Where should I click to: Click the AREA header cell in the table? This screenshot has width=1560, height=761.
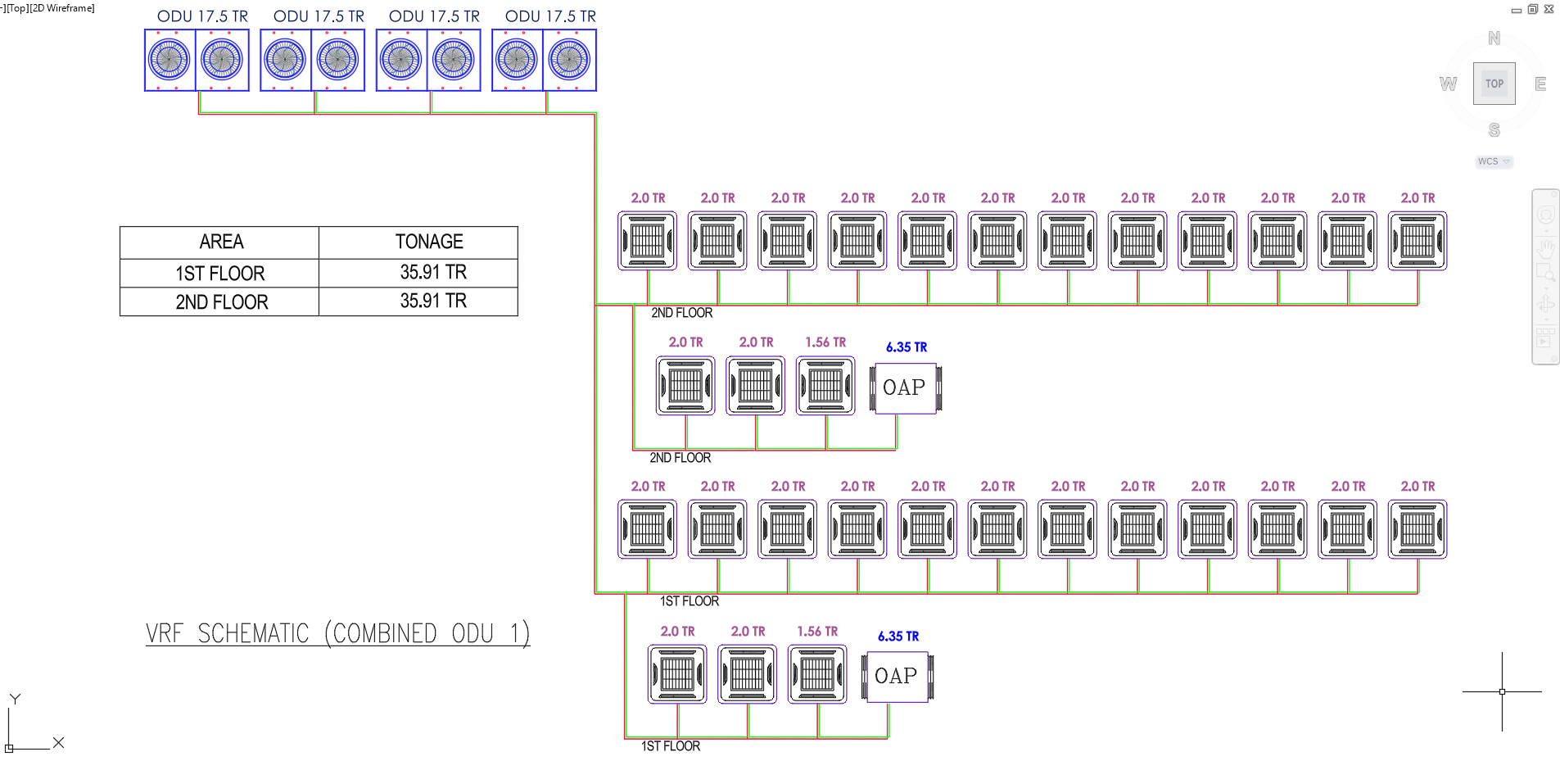pos(221,242)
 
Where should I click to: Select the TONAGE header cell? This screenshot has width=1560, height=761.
pos(429,242)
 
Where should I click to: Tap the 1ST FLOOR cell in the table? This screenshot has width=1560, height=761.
pos(220,273)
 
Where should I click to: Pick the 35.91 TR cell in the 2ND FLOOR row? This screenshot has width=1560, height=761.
pos(433,301)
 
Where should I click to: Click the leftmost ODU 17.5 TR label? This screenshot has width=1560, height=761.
pos(202,16)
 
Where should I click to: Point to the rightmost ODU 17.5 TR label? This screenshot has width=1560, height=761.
pos(550,16)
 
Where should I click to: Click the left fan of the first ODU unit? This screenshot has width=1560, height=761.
pos(170,60)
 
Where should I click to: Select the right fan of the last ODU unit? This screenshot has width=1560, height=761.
pos(569,60)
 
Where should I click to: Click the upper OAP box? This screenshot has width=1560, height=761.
pos(905,387)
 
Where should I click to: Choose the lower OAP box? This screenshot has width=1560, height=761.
pos(897,676)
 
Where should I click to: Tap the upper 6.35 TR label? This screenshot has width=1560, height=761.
pos(907,347)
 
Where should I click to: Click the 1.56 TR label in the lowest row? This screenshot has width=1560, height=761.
pos(817,632)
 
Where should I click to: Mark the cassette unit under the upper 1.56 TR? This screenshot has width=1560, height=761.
pos(825,385)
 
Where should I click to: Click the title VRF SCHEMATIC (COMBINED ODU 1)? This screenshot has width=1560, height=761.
pos(337,634)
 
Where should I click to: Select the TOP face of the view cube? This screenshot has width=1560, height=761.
pos(1494,84)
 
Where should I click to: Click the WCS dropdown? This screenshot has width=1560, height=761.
pos(1494,161)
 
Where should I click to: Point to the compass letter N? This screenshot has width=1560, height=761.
pos(1494,39)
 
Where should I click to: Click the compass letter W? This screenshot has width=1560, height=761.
pos(1448,84)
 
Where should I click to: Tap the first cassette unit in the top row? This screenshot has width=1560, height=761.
pos(648,241)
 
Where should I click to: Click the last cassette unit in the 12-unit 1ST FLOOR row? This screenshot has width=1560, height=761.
pos(1418,529)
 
